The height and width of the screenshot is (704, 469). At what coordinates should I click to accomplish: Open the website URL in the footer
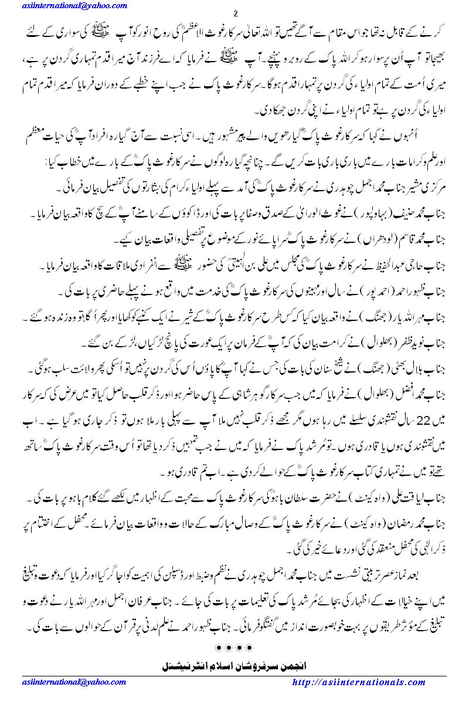pyautogui.click(x=368, y=682)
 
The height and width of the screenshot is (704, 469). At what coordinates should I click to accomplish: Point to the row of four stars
pyautogui.click(x=235, y=647)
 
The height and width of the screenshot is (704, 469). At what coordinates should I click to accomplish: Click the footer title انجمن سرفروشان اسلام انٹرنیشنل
pyautogui.click(x=235, y=666)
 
